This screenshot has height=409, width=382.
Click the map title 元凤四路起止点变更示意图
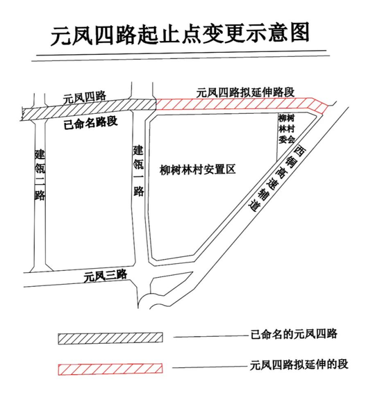[180, 34]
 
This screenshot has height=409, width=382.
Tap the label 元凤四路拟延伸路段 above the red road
[246, 92]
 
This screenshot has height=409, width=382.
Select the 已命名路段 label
[91, 123]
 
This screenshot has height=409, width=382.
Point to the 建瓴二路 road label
[40, 174]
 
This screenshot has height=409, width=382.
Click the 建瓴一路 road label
[138, 171]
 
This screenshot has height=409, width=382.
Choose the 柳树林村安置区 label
[197, 169]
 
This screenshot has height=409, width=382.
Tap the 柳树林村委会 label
[286, 128]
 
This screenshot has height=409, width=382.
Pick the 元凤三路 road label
[106, 276]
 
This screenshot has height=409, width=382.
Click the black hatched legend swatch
[110, 338]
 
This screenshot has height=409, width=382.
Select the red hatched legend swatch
[110, 369]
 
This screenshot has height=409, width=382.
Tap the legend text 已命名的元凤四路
[294, 334]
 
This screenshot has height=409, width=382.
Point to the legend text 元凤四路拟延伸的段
[299, 365]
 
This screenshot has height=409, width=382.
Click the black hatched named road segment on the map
[89, 110]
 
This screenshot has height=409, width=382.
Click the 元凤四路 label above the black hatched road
[84, 97]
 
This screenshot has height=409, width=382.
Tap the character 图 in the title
[299, 33]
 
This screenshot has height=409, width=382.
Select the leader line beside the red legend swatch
[210, 367]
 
